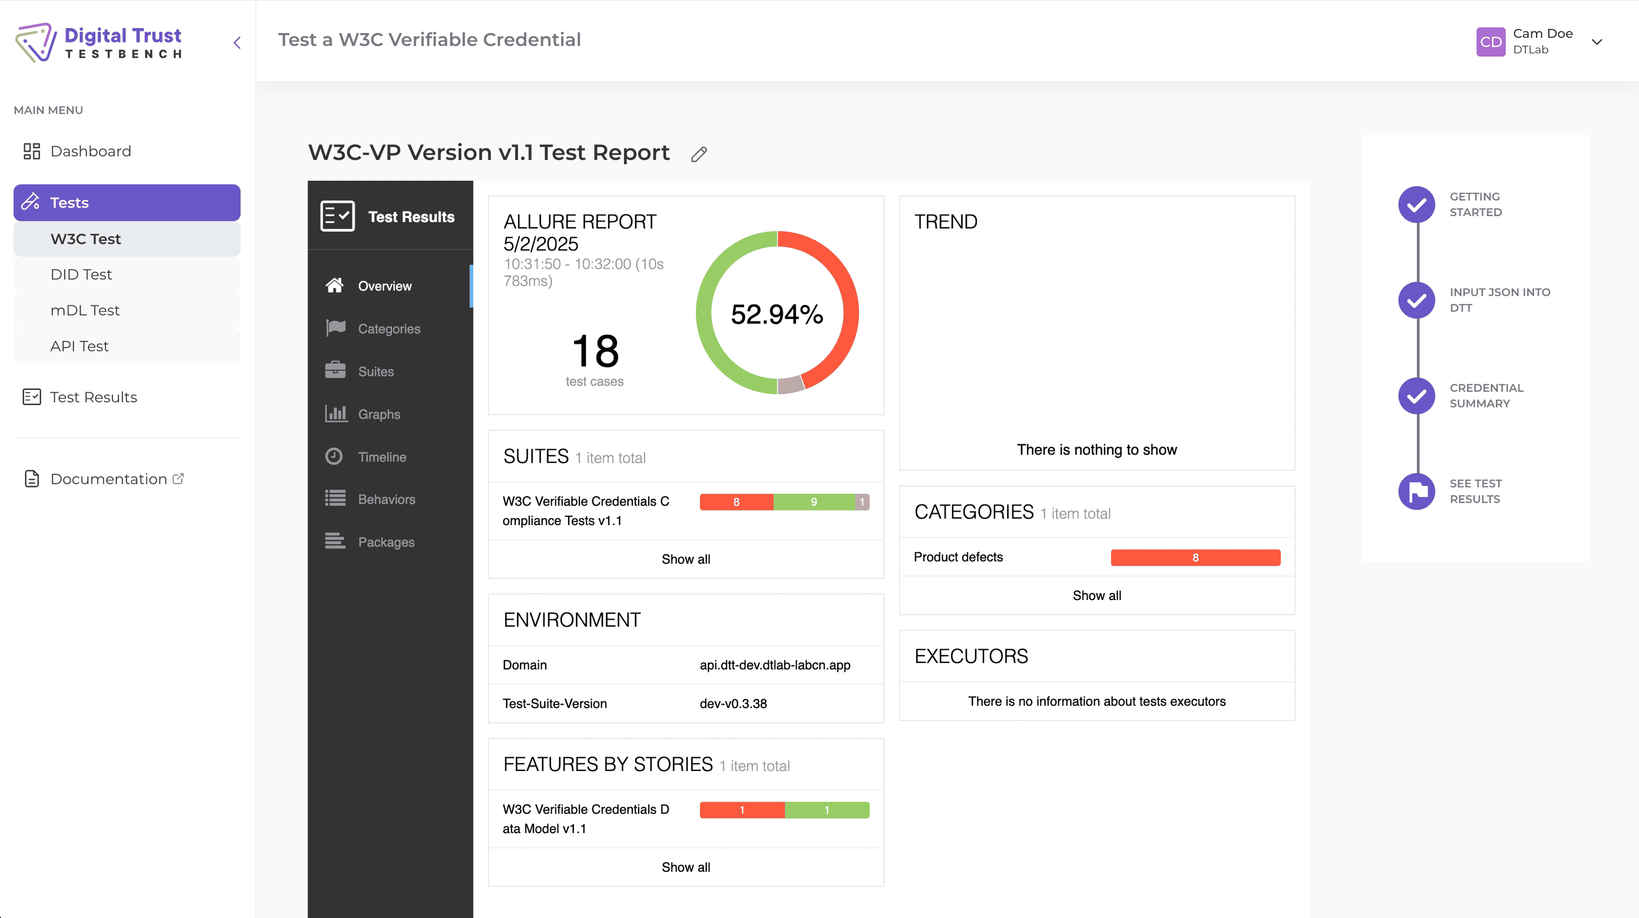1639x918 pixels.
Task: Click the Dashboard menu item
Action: tap(90, 151)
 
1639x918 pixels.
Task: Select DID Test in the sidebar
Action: tap(81, 275)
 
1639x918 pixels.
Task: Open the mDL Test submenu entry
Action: tap(85, 310)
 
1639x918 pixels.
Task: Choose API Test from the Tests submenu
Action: tap(79, 346)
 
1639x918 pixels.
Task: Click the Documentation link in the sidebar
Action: tap(109, 479)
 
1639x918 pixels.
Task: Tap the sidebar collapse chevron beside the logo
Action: tap(237, 42)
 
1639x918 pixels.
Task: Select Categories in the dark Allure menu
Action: tap(389, 329)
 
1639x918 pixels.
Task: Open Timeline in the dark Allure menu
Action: tap(382, 457)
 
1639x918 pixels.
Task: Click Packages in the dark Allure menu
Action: tap(386, 542)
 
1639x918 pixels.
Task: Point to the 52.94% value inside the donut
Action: tap(777, 314)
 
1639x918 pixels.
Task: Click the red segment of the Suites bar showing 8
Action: tap(736, 502)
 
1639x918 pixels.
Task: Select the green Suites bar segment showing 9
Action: tap(814, 502)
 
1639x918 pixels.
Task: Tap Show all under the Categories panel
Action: tap(1096, 595)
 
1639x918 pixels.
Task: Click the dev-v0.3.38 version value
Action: tap(733, 704)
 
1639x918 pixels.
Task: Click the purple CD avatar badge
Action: tap(1490, 42)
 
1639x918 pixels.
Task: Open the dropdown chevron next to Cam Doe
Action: tap(1597, 42)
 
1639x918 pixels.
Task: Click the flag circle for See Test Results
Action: tap(1416, 491)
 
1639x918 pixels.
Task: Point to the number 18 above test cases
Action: tap(595, 351)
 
